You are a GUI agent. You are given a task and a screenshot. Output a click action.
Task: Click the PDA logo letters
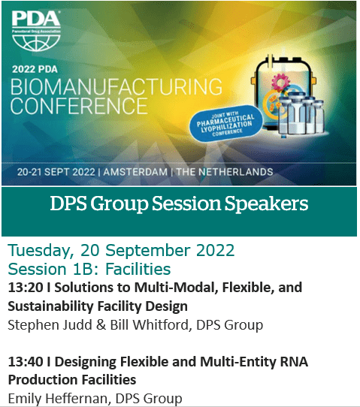point(36,19)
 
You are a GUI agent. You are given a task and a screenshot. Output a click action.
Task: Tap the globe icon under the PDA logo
point(36,41)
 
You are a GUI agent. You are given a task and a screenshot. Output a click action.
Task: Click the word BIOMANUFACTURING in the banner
point(116,86)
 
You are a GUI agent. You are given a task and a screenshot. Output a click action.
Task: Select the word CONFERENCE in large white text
point(79,106)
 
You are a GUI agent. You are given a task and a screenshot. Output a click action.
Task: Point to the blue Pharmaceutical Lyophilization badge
point(225,124)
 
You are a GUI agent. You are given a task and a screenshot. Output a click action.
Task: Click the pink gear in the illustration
point(281,82)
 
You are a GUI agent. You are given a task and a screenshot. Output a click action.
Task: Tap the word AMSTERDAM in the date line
point(135,172)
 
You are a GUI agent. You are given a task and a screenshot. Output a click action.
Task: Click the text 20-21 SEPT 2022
point(56,172)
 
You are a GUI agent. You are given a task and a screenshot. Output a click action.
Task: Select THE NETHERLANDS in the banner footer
point(225,172)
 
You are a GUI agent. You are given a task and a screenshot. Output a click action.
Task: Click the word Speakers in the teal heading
point(267,204)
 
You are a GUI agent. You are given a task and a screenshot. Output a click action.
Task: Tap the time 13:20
point(26,288)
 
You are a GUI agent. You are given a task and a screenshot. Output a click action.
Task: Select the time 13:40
point(26,362)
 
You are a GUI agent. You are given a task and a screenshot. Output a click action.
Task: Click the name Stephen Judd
point(50,325)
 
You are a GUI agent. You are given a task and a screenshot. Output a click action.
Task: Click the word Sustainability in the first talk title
point(50,306)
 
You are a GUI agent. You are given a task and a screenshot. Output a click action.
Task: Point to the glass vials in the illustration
point(301,114)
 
